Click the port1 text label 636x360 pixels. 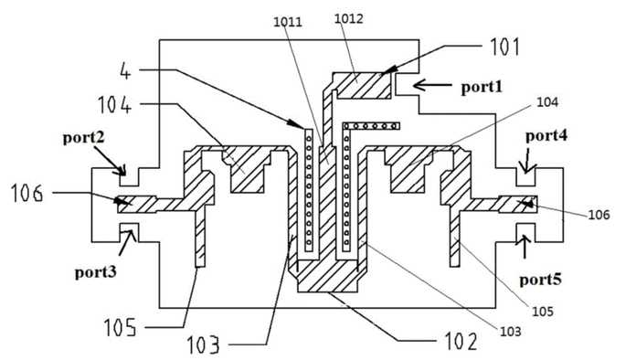point(482,87)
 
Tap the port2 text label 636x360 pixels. point(83,138)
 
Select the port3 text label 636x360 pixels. point(95,272)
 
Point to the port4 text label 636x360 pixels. point(546,136)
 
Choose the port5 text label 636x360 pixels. point(541,280)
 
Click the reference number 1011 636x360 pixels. point(288,22)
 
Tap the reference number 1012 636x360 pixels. point(348,18)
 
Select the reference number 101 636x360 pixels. point(504,47)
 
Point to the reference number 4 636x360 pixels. point(126,71)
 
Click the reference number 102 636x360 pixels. point(461,342)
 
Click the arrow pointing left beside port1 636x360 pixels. point(432,85)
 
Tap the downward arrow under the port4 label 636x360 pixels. point(527,161)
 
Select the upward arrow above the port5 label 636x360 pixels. point(525,246)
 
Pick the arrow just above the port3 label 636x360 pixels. point(127,242)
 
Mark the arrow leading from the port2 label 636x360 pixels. point(109,160)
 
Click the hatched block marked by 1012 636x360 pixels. point(362,86)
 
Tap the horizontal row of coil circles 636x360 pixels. point(371,126)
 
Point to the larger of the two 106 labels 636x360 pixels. point(26,193)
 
